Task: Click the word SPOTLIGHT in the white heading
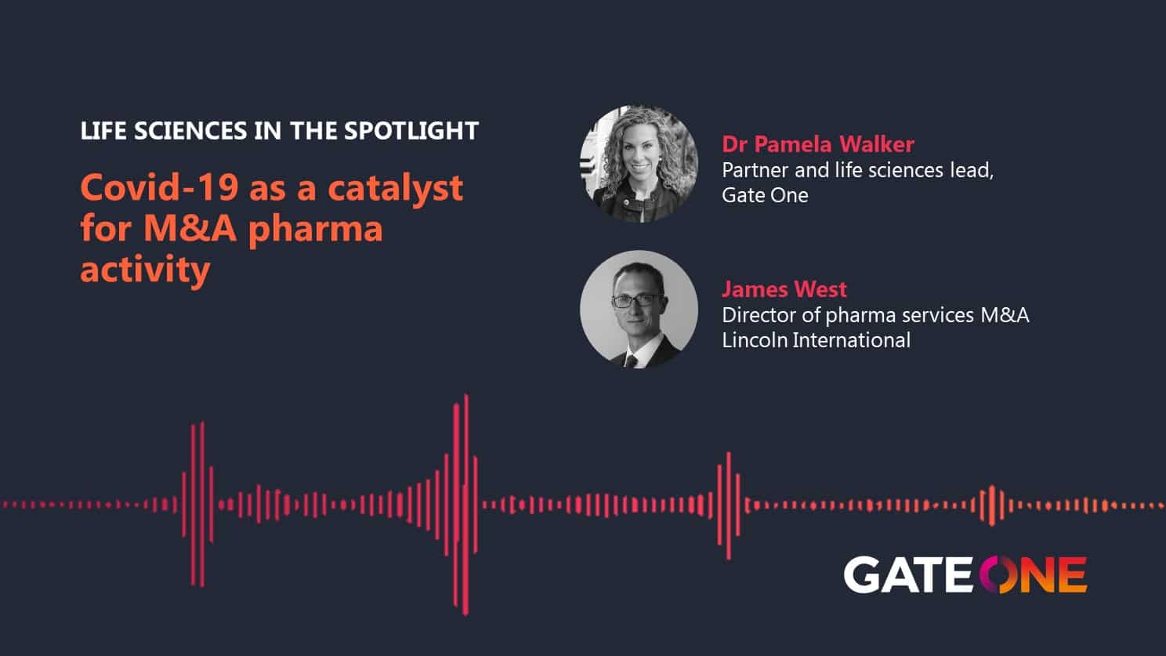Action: [x=411, y=131]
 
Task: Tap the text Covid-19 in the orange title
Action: [x=159, y=187]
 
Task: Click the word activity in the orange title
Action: [x=145, y=270]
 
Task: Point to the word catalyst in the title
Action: [x=396, y=187]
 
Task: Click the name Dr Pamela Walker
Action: [x=818, y=144]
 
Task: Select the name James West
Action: [x=784, y=289]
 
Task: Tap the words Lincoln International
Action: [x=817, y=340]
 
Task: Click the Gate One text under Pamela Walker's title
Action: [x=765, y=195]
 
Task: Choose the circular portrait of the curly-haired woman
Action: [x=639, y=164]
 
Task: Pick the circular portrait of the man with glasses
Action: [x=639, y=310]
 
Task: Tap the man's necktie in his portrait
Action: [x=631, y=361]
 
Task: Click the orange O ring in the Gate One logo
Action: [x=998, y=574]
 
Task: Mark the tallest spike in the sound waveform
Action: [x=466, y=505]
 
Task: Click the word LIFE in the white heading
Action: [x=103, y=131]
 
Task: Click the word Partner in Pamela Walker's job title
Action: [x=755, y=170]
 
